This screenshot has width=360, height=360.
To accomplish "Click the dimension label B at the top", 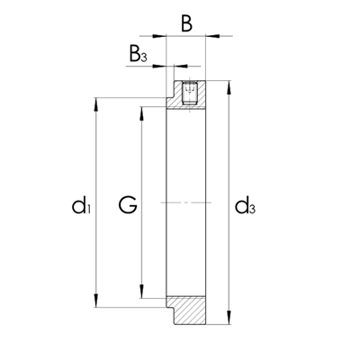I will coord(186,22).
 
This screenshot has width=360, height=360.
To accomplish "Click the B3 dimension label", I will coord(137,56).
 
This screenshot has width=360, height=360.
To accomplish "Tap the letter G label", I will coord(128,207).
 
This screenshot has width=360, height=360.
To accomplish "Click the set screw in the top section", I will coord(190,93).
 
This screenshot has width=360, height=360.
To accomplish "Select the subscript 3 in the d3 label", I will coord(253,211).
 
